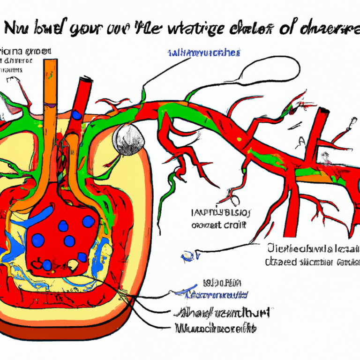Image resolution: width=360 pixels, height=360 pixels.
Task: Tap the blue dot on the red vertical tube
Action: click(x=76, y=115)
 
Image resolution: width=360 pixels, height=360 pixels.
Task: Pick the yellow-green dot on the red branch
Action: click(x=240, y=139)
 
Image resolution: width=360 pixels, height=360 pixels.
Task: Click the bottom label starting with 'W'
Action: click(x=216, y=329)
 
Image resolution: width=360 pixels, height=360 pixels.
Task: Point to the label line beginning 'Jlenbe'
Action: click(x=312, y=249)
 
